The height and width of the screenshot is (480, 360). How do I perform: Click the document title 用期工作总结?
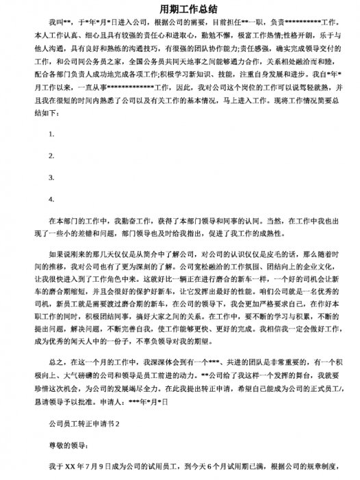pos(179,10)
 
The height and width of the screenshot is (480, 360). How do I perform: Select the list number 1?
pos(52,134)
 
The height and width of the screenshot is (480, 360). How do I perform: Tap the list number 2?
pos(52,156)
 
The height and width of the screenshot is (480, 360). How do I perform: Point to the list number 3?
pos(52,178)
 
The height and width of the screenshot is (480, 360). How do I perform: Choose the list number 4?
pos(52,200)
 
